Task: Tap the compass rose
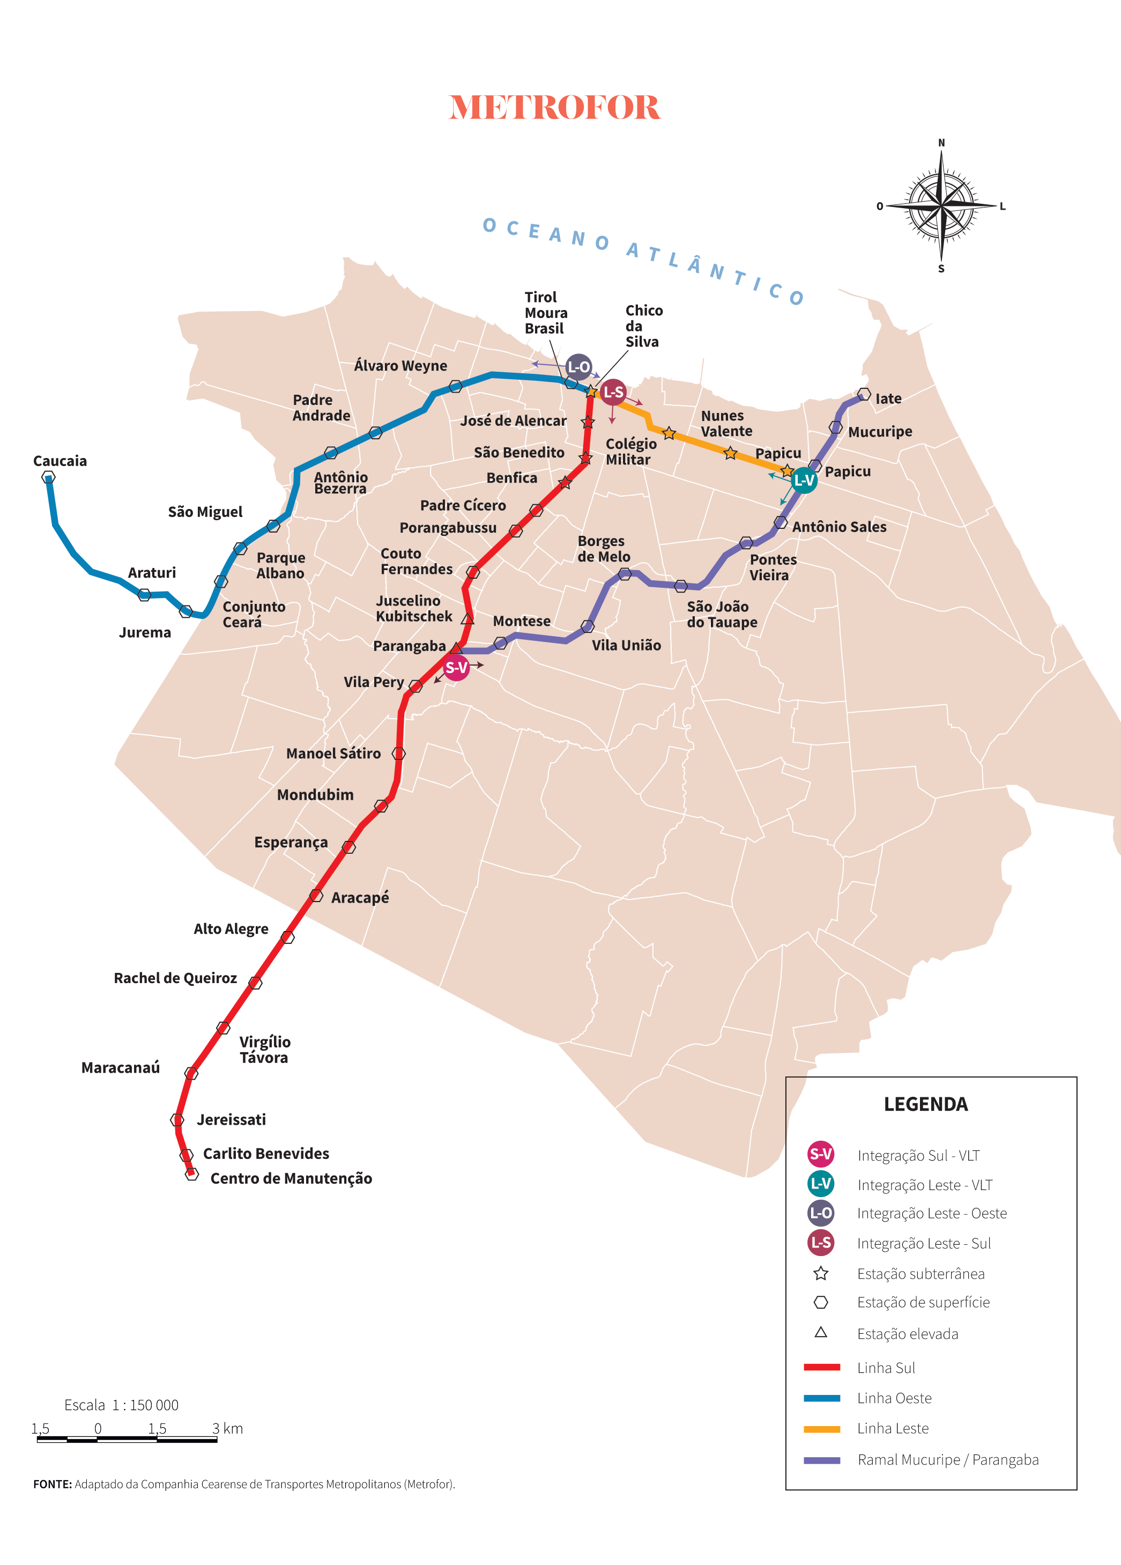[x=941, y=205]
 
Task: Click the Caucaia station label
[x=60, y=461]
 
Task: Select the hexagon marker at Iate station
[x=864, y=394]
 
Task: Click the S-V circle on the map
[x=456, y=667]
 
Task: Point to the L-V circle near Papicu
[x=804, y=480]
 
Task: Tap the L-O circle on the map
[x=579, y=367]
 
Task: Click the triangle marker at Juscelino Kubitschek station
[x=467, y=618]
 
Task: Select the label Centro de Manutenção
[x=291, y=1179]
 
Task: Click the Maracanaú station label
[x=121, y=1067]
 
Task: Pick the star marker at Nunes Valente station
[x=669, y=433]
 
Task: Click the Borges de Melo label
[x=604, y=549]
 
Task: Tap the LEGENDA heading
[x=925, y=1105]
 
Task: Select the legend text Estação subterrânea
[x=920, y=1274]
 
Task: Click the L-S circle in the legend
[x=820, y=1243]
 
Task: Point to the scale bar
[x=127, y=1439]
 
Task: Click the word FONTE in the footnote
[x=53, y=1484]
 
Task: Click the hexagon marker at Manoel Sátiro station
[x=399, y=753]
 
